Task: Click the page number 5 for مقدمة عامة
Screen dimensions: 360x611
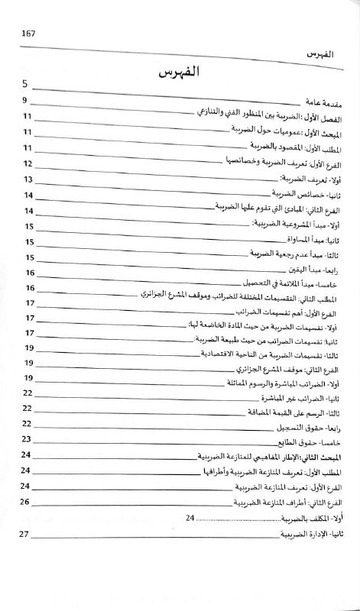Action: pos(25,85)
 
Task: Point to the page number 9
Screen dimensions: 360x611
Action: pos(24,102)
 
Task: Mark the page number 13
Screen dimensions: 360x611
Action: pos(28,180)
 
